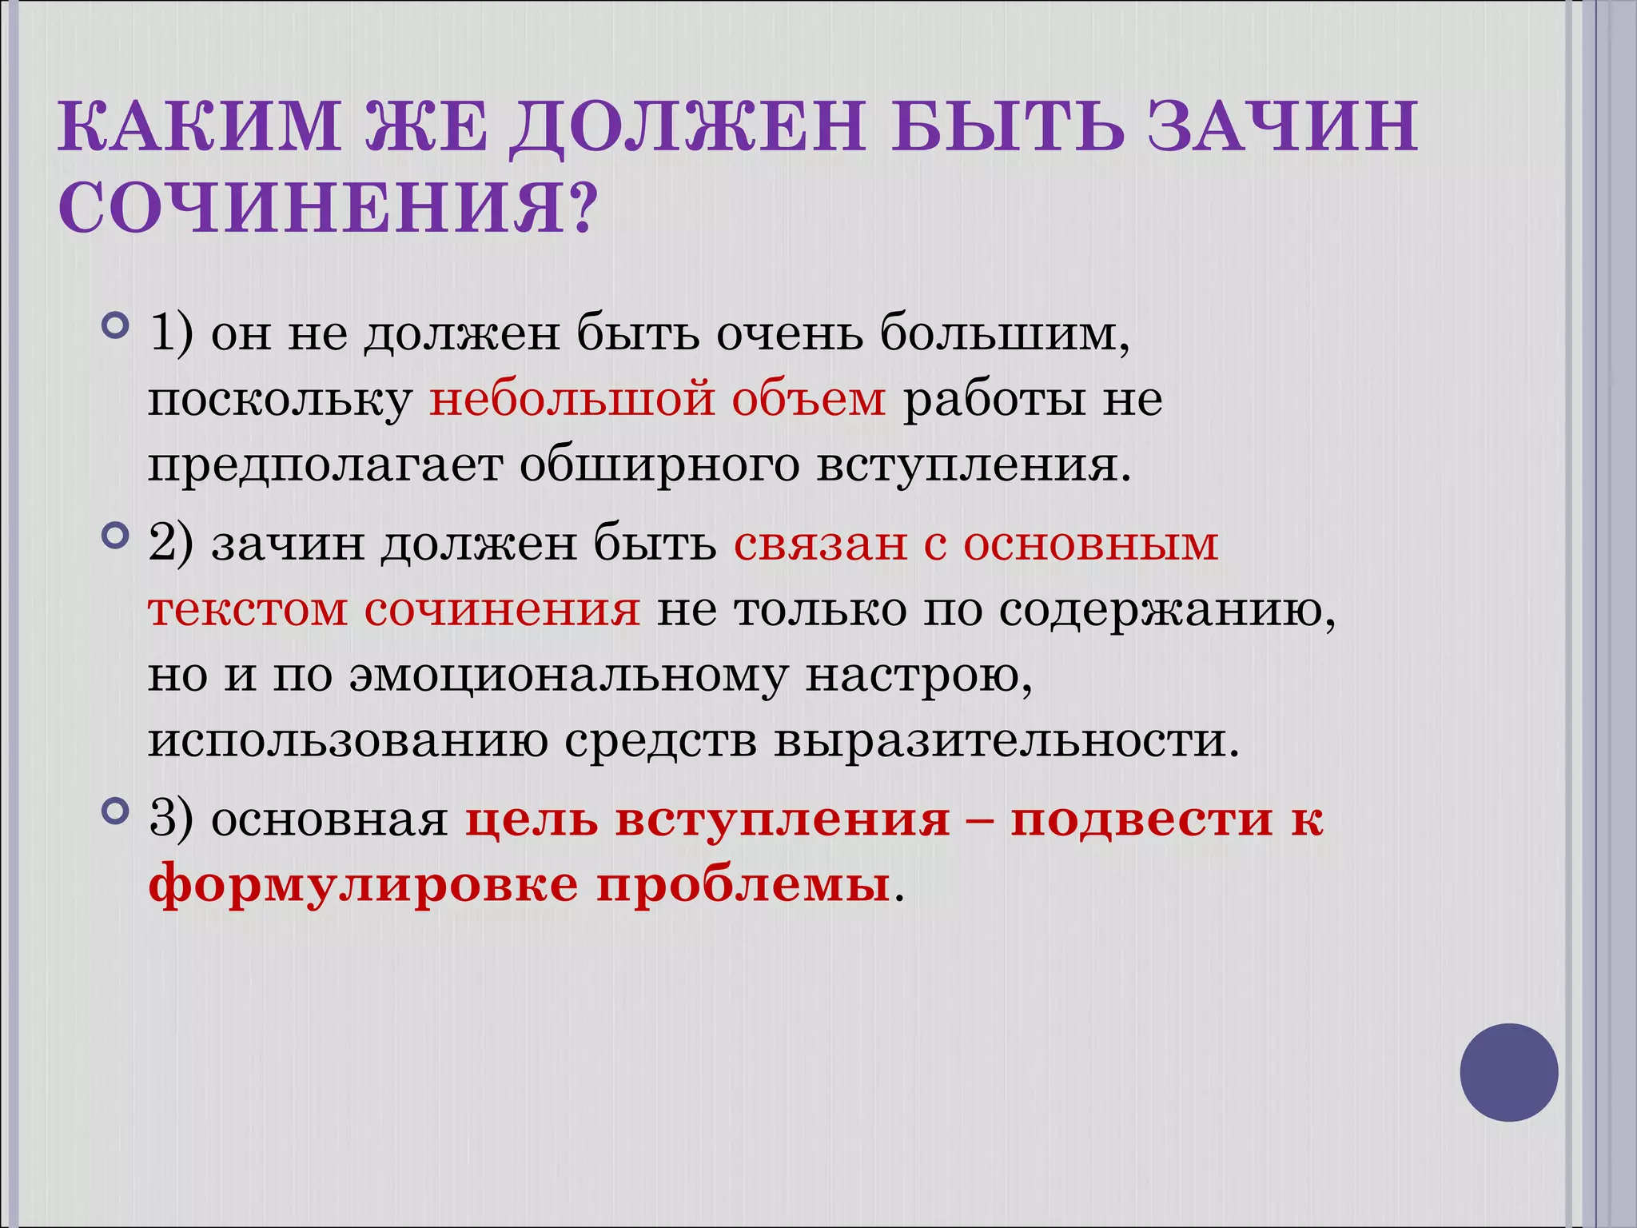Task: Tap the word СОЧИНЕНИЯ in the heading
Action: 312,207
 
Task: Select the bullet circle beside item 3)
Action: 116,812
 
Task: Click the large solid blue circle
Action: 1509,1072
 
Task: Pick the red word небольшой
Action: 572,399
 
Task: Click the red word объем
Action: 809,399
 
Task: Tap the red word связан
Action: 820,544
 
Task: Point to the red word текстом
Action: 248,610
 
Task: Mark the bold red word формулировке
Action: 363,886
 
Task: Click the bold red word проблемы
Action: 743,886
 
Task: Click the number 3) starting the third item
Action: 171,819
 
